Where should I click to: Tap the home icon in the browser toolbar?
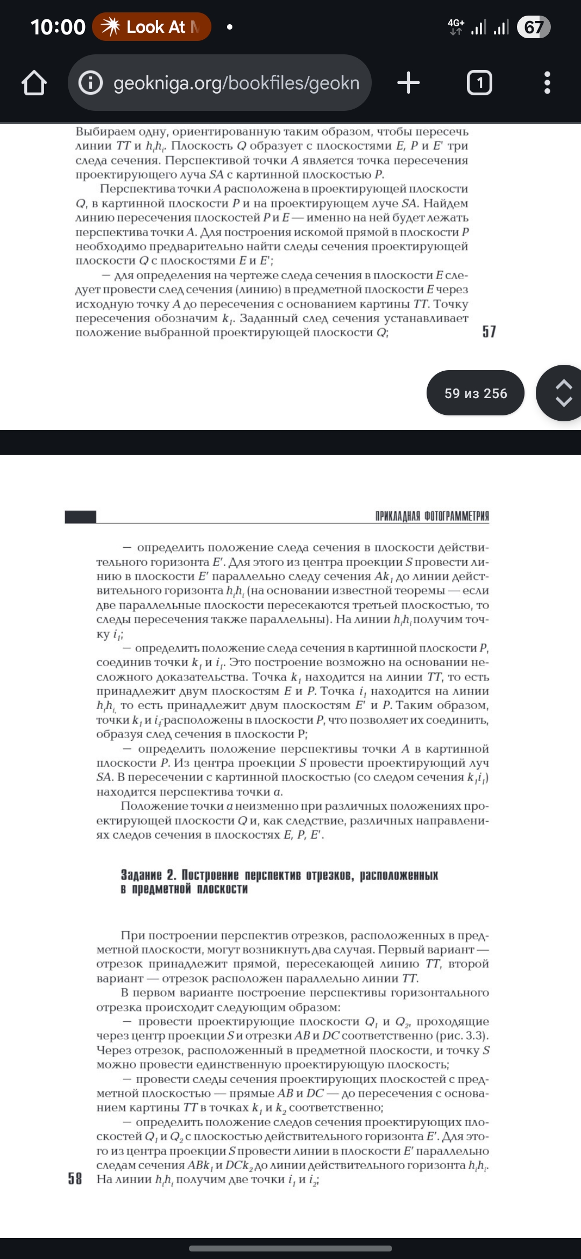coord(34,83)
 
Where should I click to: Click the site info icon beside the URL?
coord(90,83)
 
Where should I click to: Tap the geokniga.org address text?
coord(236,83)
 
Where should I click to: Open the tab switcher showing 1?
coord(479,83)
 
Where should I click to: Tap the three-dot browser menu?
coord(547,83)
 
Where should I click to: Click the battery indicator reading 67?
coord(533,27)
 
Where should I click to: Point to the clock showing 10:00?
coord(58,27)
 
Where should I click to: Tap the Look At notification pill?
coord(152,27)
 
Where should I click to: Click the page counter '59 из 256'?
coord(476,393)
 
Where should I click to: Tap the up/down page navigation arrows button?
coord(562,393)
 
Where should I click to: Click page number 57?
coord(489,331)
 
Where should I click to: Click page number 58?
coord(75,1179)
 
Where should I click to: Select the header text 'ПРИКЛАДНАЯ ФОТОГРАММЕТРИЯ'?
coord(432,517)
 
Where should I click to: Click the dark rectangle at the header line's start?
coord(80,517)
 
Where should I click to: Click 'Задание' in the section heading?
coord(141,875)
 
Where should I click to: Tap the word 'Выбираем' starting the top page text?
coord(102,132)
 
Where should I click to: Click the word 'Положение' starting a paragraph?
coord(147,806)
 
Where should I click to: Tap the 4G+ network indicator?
coord(456,26)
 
